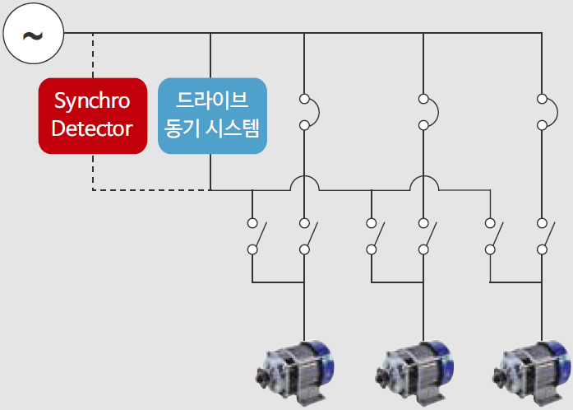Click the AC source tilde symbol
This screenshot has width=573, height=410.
point(32,34)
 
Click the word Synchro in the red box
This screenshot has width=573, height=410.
point(92,100)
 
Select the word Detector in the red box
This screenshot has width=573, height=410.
point(92,129)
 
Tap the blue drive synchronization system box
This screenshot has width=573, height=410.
point(212,115)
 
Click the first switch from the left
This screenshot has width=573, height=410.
point(254,236)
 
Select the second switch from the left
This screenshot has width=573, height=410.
point(306,236)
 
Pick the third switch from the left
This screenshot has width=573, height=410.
point(373,236)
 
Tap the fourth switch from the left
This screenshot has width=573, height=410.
point(424,236)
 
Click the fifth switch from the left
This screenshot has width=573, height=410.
point(492,236)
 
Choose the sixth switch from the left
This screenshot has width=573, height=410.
point(543,236)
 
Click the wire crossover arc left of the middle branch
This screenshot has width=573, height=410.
point(424,181)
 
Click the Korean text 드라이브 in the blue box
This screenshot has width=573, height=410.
point(212,100)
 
